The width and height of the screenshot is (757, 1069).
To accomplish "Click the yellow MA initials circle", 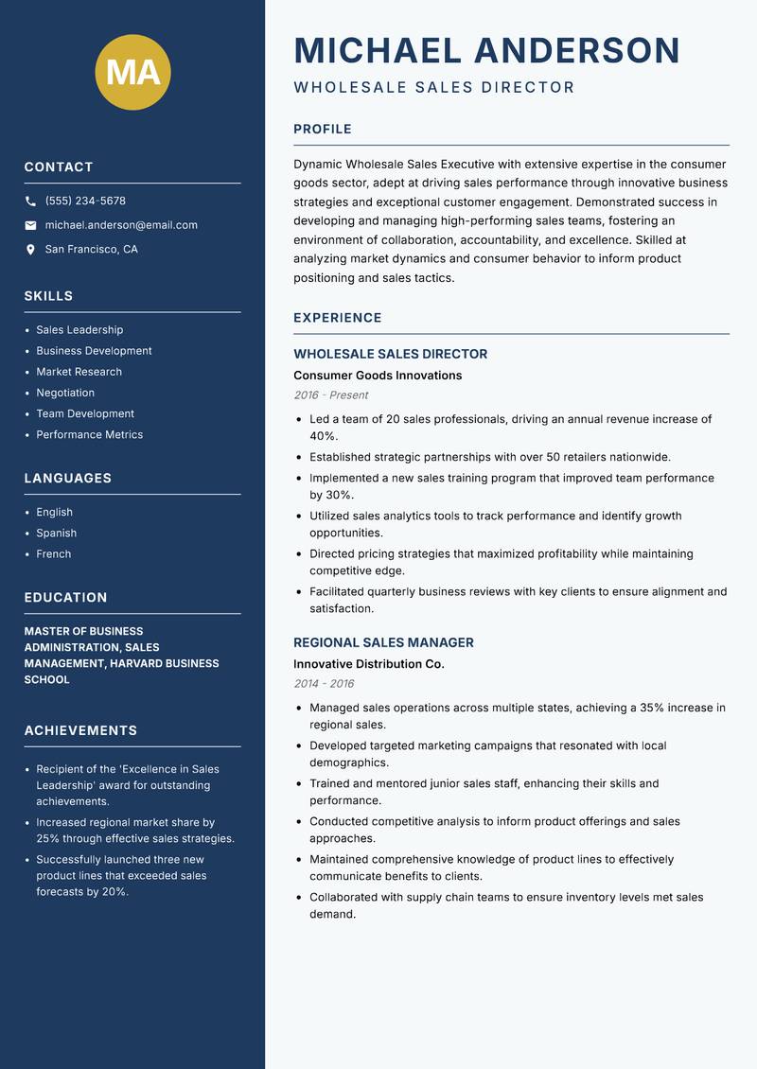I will tap(132, 73).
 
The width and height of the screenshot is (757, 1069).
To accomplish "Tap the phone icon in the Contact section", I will tap(30, 202).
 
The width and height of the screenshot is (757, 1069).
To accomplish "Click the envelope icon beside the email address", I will tap(30, 225).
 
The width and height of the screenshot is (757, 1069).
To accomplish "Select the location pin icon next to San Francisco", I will tap(30, 250).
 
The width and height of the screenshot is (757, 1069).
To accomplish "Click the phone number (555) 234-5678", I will tap(85, 202).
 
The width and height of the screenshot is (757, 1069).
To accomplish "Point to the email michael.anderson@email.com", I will tap(121, 225).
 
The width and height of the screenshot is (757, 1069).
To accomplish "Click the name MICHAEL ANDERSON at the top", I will tap(486, 50).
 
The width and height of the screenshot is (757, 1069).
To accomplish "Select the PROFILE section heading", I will tap(322, 130).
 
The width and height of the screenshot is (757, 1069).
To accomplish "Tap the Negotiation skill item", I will tap(65, 393).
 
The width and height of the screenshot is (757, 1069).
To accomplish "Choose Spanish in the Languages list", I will tap(56, 534).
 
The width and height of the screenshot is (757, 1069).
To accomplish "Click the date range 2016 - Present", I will tap(330, 395).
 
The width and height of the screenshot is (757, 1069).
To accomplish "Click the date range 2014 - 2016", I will tap(324, 684).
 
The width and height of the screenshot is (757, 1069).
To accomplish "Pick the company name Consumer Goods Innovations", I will tap(377, 376).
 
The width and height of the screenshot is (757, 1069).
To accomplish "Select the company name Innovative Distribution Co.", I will tap(368, 664).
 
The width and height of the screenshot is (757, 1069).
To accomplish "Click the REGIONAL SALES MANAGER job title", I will tap(383, 643).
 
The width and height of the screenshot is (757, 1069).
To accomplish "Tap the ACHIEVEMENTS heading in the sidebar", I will tap(80, 731).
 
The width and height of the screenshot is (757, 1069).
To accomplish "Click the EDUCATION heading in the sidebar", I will tap(65, 598).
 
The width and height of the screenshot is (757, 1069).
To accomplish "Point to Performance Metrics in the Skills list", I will tap(89, 435).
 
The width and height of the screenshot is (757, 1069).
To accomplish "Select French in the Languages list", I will tap(53, 554).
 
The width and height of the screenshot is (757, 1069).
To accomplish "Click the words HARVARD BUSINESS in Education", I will tap(165, 664).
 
